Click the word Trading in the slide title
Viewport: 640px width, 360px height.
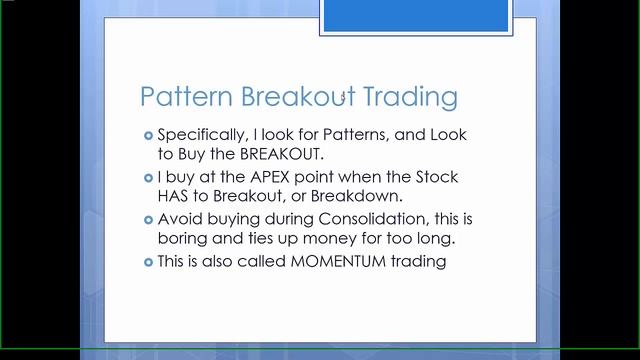[x=408, y=97]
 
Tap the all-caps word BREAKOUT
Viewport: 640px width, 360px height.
[x=280, y=153]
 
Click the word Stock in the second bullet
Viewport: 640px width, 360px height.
[x=436, y=177]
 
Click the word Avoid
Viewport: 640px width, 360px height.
[x=178, y=220]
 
